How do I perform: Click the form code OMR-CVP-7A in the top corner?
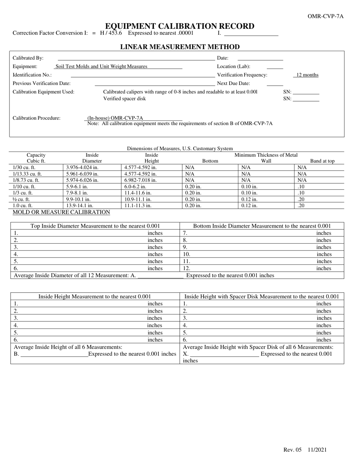[x=326, y=16]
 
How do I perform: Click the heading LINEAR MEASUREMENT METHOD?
[x=180, y=47]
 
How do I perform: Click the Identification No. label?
[x=32, y=75]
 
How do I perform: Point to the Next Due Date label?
[x=233, y=83]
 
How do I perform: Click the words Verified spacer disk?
[x=124, y=99]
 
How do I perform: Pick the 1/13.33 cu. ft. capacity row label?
[x=27, y=174]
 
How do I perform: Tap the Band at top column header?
[x=322, y=161]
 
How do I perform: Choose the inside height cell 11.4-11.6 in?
[x=138, y=193]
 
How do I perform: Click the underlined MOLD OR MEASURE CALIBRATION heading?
[x=61, y=212]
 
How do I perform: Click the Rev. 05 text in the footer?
[x=292, y=450]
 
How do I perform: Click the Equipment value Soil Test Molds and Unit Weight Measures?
[x=101, y=67]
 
